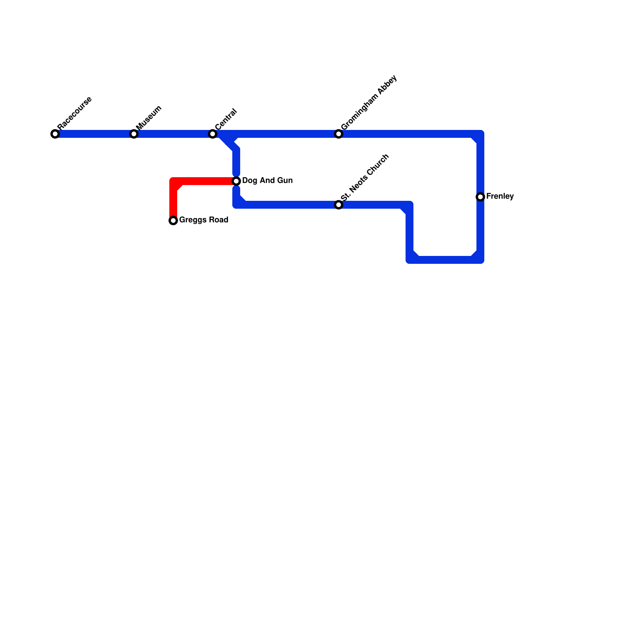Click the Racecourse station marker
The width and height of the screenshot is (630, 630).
point(55,134)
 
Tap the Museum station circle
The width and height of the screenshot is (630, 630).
point(134,134)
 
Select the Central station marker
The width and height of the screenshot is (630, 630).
point(213,134)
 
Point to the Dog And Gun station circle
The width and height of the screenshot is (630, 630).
point(236,181)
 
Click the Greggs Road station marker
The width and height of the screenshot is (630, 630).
point(173,220)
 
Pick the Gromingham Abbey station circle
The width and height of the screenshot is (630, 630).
point(339,134)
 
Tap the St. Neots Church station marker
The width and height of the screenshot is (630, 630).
point(339,205)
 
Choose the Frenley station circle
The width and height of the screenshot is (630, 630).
point(480,197)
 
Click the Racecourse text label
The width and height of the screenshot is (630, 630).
point(74,113)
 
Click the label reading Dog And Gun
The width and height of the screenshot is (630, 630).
point(267,181)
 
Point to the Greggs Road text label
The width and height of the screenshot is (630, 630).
point(204,220)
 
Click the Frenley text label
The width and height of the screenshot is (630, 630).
point(500,196)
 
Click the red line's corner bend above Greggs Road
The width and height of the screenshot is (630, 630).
point(174,182)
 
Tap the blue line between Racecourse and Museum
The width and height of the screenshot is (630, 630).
point(94,134)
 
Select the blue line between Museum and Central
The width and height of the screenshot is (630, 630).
point(173,134)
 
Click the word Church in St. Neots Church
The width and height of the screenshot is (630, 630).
point(377,165)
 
